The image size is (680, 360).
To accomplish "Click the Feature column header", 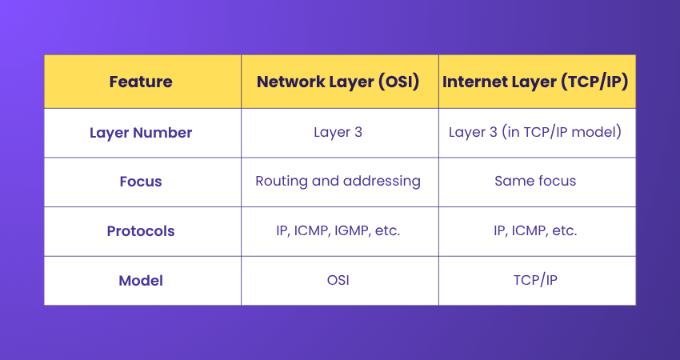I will coord(141,82).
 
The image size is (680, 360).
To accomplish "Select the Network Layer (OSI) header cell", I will coord(338,82).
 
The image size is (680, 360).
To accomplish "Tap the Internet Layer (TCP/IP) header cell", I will coord(536,82).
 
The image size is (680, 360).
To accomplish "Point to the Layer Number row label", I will coord(141,132).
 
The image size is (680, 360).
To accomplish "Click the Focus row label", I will coord(141,182).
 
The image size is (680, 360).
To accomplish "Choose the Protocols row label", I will coord(141,231).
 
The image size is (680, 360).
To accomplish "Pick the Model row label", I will coord(141,281).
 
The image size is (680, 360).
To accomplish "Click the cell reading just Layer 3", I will coord(338,132).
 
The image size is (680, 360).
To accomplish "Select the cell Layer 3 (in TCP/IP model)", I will coord(536,132).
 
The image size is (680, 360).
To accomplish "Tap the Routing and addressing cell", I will coord(338,182).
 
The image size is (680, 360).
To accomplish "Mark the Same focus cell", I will coord(536,182).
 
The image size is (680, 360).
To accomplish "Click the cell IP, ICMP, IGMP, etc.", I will coord(338,231).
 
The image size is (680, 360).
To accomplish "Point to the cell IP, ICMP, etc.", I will coord(536,231).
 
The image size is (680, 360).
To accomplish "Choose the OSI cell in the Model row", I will coord(338,281).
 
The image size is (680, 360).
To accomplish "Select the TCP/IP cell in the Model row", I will coord(536,281).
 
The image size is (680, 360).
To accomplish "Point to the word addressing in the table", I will coord(382,182).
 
